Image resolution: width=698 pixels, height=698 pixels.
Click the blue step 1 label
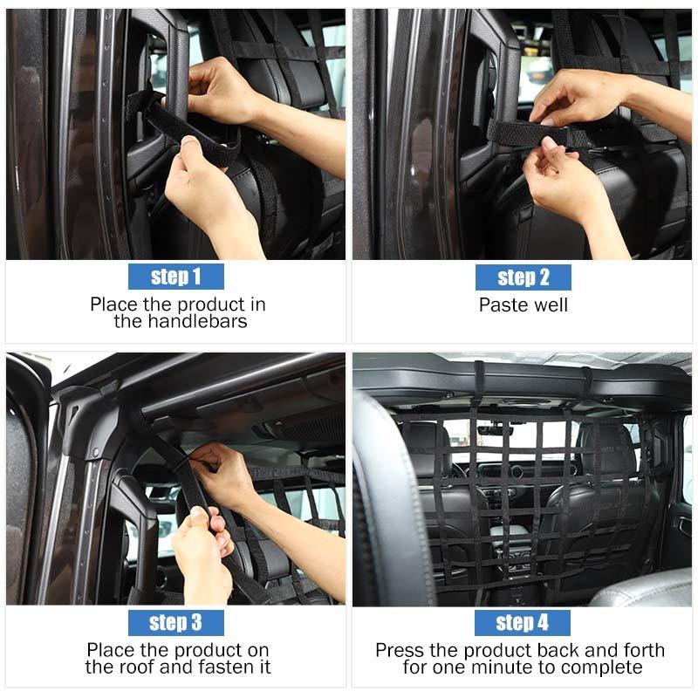click(x=176, y=277)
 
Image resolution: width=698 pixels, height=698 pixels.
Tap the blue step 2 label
click(x=523, y=277)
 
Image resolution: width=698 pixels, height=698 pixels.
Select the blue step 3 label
click(x=176, y=622)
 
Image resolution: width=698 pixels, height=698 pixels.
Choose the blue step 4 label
click(x=522, y=622)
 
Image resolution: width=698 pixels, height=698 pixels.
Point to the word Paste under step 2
click(x=501, y=305)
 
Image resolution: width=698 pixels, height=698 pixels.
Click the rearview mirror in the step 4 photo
click(x=495, y=430)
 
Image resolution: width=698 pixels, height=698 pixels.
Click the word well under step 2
click(x=549, y=305)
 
